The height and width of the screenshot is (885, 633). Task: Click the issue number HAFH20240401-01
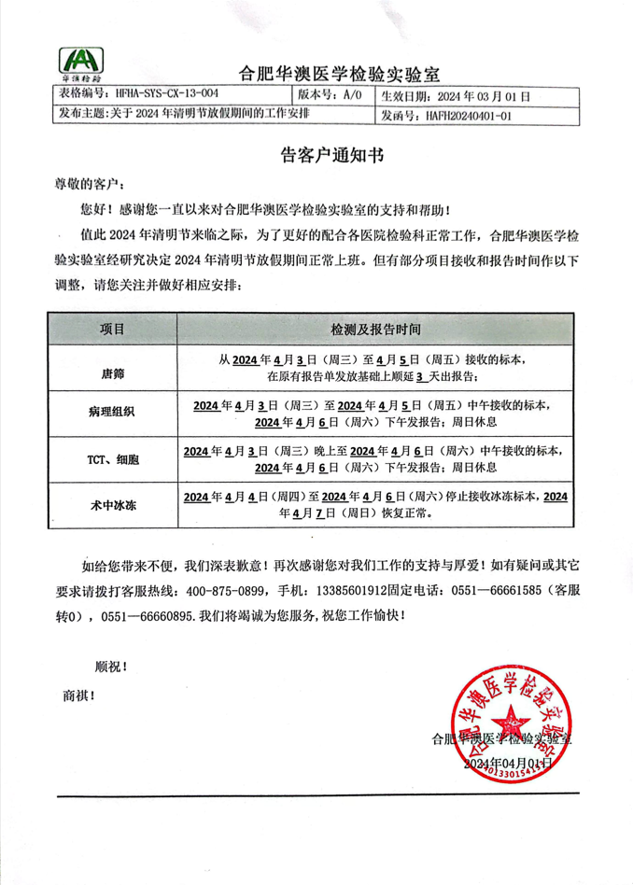pyautogui.click(x=468, y=117)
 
